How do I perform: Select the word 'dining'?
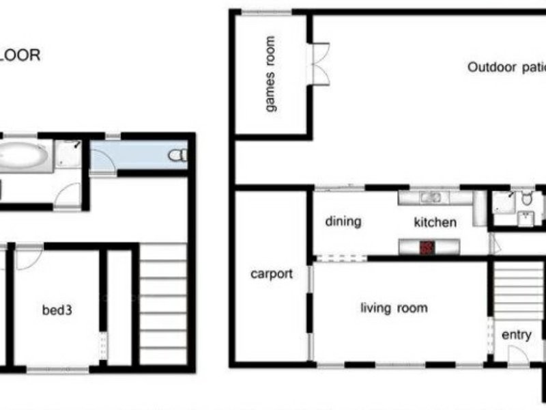point(343,221)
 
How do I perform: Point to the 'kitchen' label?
point(435,222)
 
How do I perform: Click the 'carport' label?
point(271,274)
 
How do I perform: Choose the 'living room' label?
point(394,308)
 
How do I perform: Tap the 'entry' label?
point(516,335)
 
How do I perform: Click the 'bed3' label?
point(57,310)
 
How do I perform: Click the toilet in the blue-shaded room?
point(177,155)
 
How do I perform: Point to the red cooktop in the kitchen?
point(427,246)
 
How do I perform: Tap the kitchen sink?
point(430,198)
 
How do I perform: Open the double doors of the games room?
point(319,64)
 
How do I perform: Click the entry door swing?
point(517,355)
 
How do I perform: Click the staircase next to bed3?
point(163,304)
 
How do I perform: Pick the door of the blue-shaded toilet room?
point(102,161)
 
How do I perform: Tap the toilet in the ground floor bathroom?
point(526,199)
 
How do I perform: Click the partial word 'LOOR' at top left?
point(20,55)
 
